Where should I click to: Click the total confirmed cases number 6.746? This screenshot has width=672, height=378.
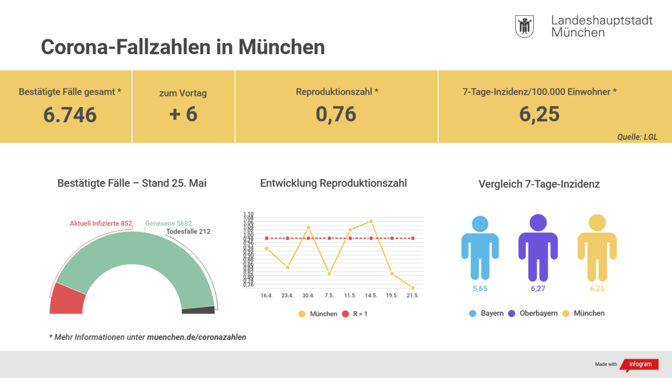(x=70, y=115)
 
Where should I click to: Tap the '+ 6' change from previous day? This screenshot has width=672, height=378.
(x=183, y=114)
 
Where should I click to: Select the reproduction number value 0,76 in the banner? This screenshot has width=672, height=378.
(x=335, y=114)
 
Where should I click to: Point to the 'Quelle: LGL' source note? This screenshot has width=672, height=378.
(x=637, y=136)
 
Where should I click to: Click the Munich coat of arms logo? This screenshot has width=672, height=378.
(x=524, y=26)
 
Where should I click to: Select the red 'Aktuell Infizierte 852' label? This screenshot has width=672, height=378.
(x=101, y=223)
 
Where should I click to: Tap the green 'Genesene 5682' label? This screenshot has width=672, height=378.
(x=168, y=223)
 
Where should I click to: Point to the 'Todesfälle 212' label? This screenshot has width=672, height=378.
(x=188, y=231)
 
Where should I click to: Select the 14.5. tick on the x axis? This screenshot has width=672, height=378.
(x=371, y=295)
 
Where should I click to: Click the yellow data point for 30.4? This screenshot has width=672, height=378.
(x=308, y=227)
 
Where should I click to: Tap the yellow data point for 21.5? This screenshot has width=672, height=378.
(x=413, y=288)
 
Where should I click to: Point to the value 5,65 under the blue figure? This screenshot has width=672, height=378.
(x=480, y=289)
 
